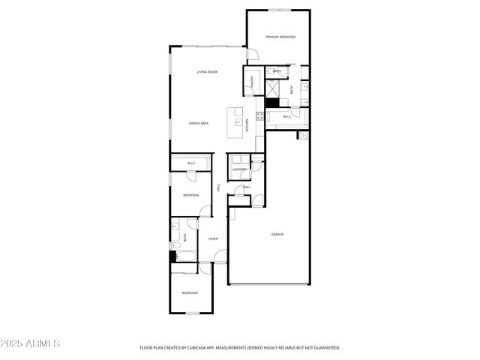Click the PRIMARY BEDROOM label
(x=280, y=37)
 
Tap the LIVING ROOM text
(x=207, y=72)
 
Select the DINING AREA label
(x=199, y=123)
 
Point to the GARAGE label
(x=277, y=234)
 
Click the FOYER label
(x=213, y=239)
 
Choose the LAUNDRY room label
(x=239, y=169)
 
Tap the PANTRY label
(x=252, y=82)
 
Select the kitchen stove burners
(x=259, y=116)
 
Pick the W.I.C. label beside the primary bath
(x=286, y=117)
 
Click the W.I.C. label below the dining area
(x=191, y=163)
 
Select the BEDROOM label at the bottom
(x=190, y=292)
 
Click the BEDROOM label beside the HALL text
(x=190, y=195)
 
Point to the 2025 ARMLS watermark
(x=31, y=343)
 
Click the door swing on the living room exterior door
(x=253, y=54)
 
